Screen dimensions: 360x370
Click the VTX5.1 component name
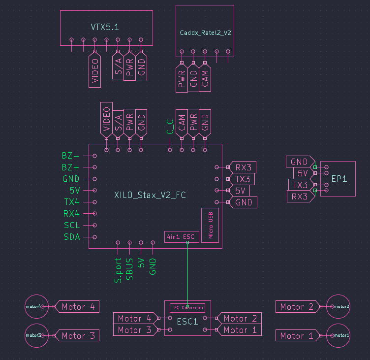[105, 27]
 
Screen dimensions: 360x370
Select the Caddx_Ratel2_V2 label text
[205, 33]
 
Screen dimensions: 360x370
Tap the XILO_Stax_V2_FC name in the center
[150, 196]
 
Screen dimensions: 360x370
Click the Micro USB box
[210, 225]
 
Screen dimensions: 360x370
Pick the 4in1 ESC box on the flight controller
[180, 237]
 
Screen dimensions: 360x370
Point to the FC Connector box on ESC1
[187, 308]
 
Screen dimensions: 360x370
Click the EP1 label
[339, 179]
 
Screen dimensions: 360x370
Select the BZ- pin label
[70, 156]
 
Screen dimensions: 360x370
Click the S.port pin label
[118, 270]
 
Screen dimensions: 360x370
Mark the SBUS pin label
[129, 269]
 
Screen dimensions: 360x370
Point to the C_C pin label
[170, 127]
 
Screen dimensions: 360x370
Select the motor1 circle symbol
[338, 335]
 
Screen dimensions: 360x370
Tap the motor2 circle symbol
[338, 306]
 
